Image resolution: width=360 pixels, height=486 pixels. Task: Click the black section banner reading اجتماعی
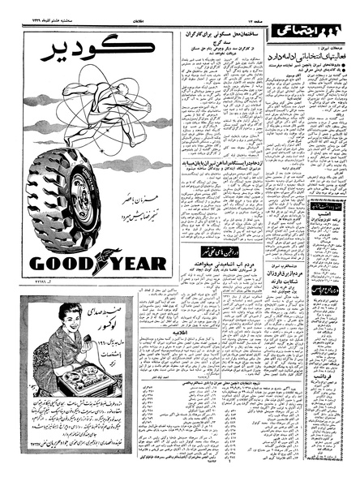[306, 32]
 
